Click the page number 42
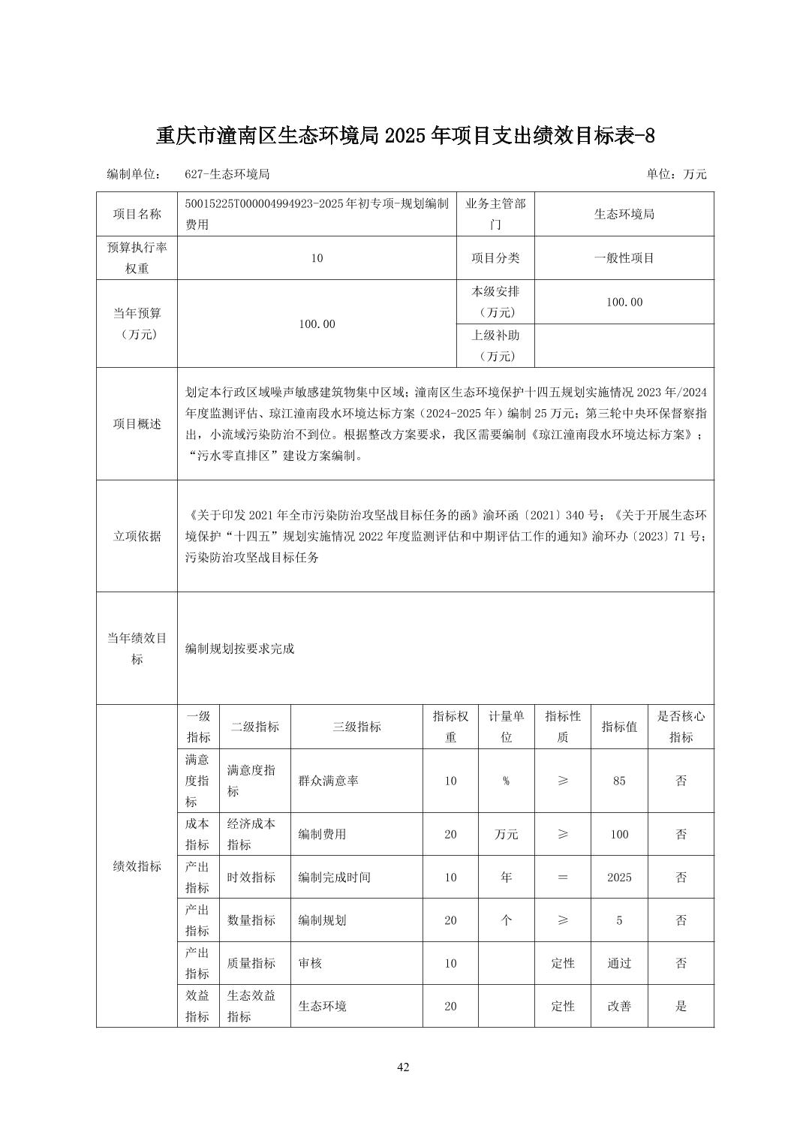point(403,1067)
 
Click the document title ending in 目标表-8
point(405,136)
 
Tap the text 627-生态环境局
point(227,174)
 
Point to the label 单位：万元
point(676,174)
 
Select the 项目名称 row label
point(137,214)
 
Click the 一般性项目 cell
point(624,258)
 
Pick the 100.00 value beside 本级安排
point(624,302)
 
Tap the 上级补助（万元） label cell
point(495,345)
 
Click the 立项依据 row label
point(137,536)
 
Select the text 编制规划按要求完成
point(240,649)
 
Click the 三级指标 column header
point(356,727)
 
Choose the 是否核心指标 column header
point(681,727)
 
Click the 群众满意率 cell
point(328,781)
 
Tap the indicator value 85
point(618,781)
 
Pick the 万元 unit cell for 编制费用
point(506,834)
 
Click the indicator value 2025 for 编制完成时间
point(618,877)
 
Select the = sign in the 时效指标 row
point(562,877)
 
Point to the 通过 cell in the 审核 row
point(618,963)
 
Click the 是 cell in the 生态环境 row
point(681,1006)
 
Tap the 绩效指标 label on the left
point(137,866)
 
